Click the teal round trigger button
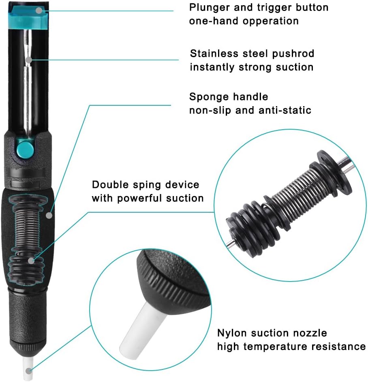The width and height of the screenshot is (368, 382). [26, 149]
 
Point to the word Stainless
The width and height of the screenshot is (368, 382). [214, 53]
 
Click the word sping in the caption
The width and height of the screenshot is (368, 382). [147, 185]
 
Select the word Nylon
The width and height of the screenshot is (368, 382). [232, 333]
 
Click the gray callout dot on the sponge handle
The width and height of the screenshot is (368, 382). [49, 216]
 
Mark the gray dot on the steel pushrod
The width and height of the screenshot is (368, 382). [29, 60]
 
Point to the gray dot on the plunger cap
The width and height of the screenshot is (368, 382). [39, 11]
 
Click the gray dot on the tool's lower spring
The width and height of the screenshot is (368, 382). [31, 261]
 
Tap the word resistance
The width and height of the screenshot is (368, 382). [344, 346]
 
